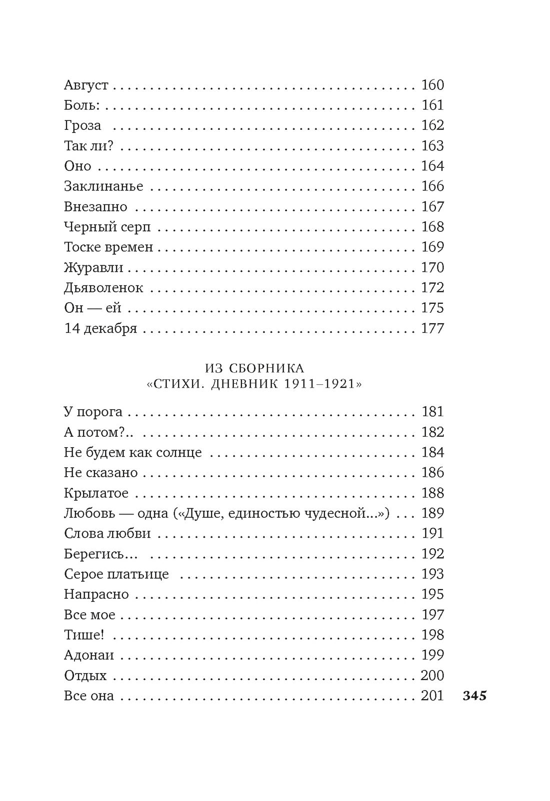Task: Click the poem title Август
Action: pyautogui.click(x=86, y=85)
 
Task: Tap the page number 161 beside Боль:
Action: pyautogui.click(x=432, y=105)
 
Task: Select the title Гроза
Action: pyautogui.click(x=82, y=125)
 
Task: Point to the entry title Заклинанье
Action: pyautogui.click(x=103, y=186)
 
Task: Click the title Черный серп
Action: pyautogui.click(x=107, y=227)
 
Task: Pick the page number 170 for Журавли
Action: pyautogui.click(x=432, y=267)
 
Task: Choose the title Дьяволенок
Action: pyautogui.click(x=103, y=288)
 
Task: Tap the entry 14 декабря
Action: pyautogui.click(x=100, y=328)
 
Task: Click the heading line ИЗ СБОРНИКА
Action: pyautogui.click(x=254, y=368)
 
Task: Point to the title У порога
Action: pyautogui.click(x=93, y=412)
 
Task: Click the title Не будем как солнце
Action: pyautogui.click(x=132, y=452)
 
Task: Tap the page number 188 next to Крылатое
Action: pyautogui.click(x=432, y=493)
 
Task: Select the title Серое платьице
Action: pyautogui.click(x=116, y=574)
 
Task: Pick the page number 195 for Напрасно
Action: pyautogui.click(x=432, y=594)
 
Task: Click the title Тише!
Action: pyautogui.click(x=83, y=635)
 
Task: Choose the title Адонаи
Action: pyautogui.click(x=89, y=655)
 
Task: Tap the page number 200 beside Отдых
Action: pyautogui.click(x=432, y=676)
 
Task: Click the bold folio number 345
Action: pyautogui.click(x=474, y=696)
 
